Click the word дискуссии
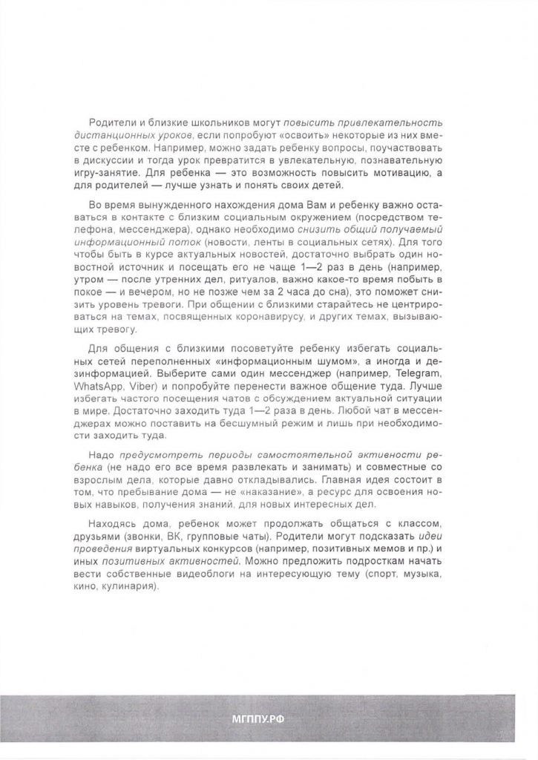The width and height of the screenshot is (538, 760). tap(119, 160)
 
